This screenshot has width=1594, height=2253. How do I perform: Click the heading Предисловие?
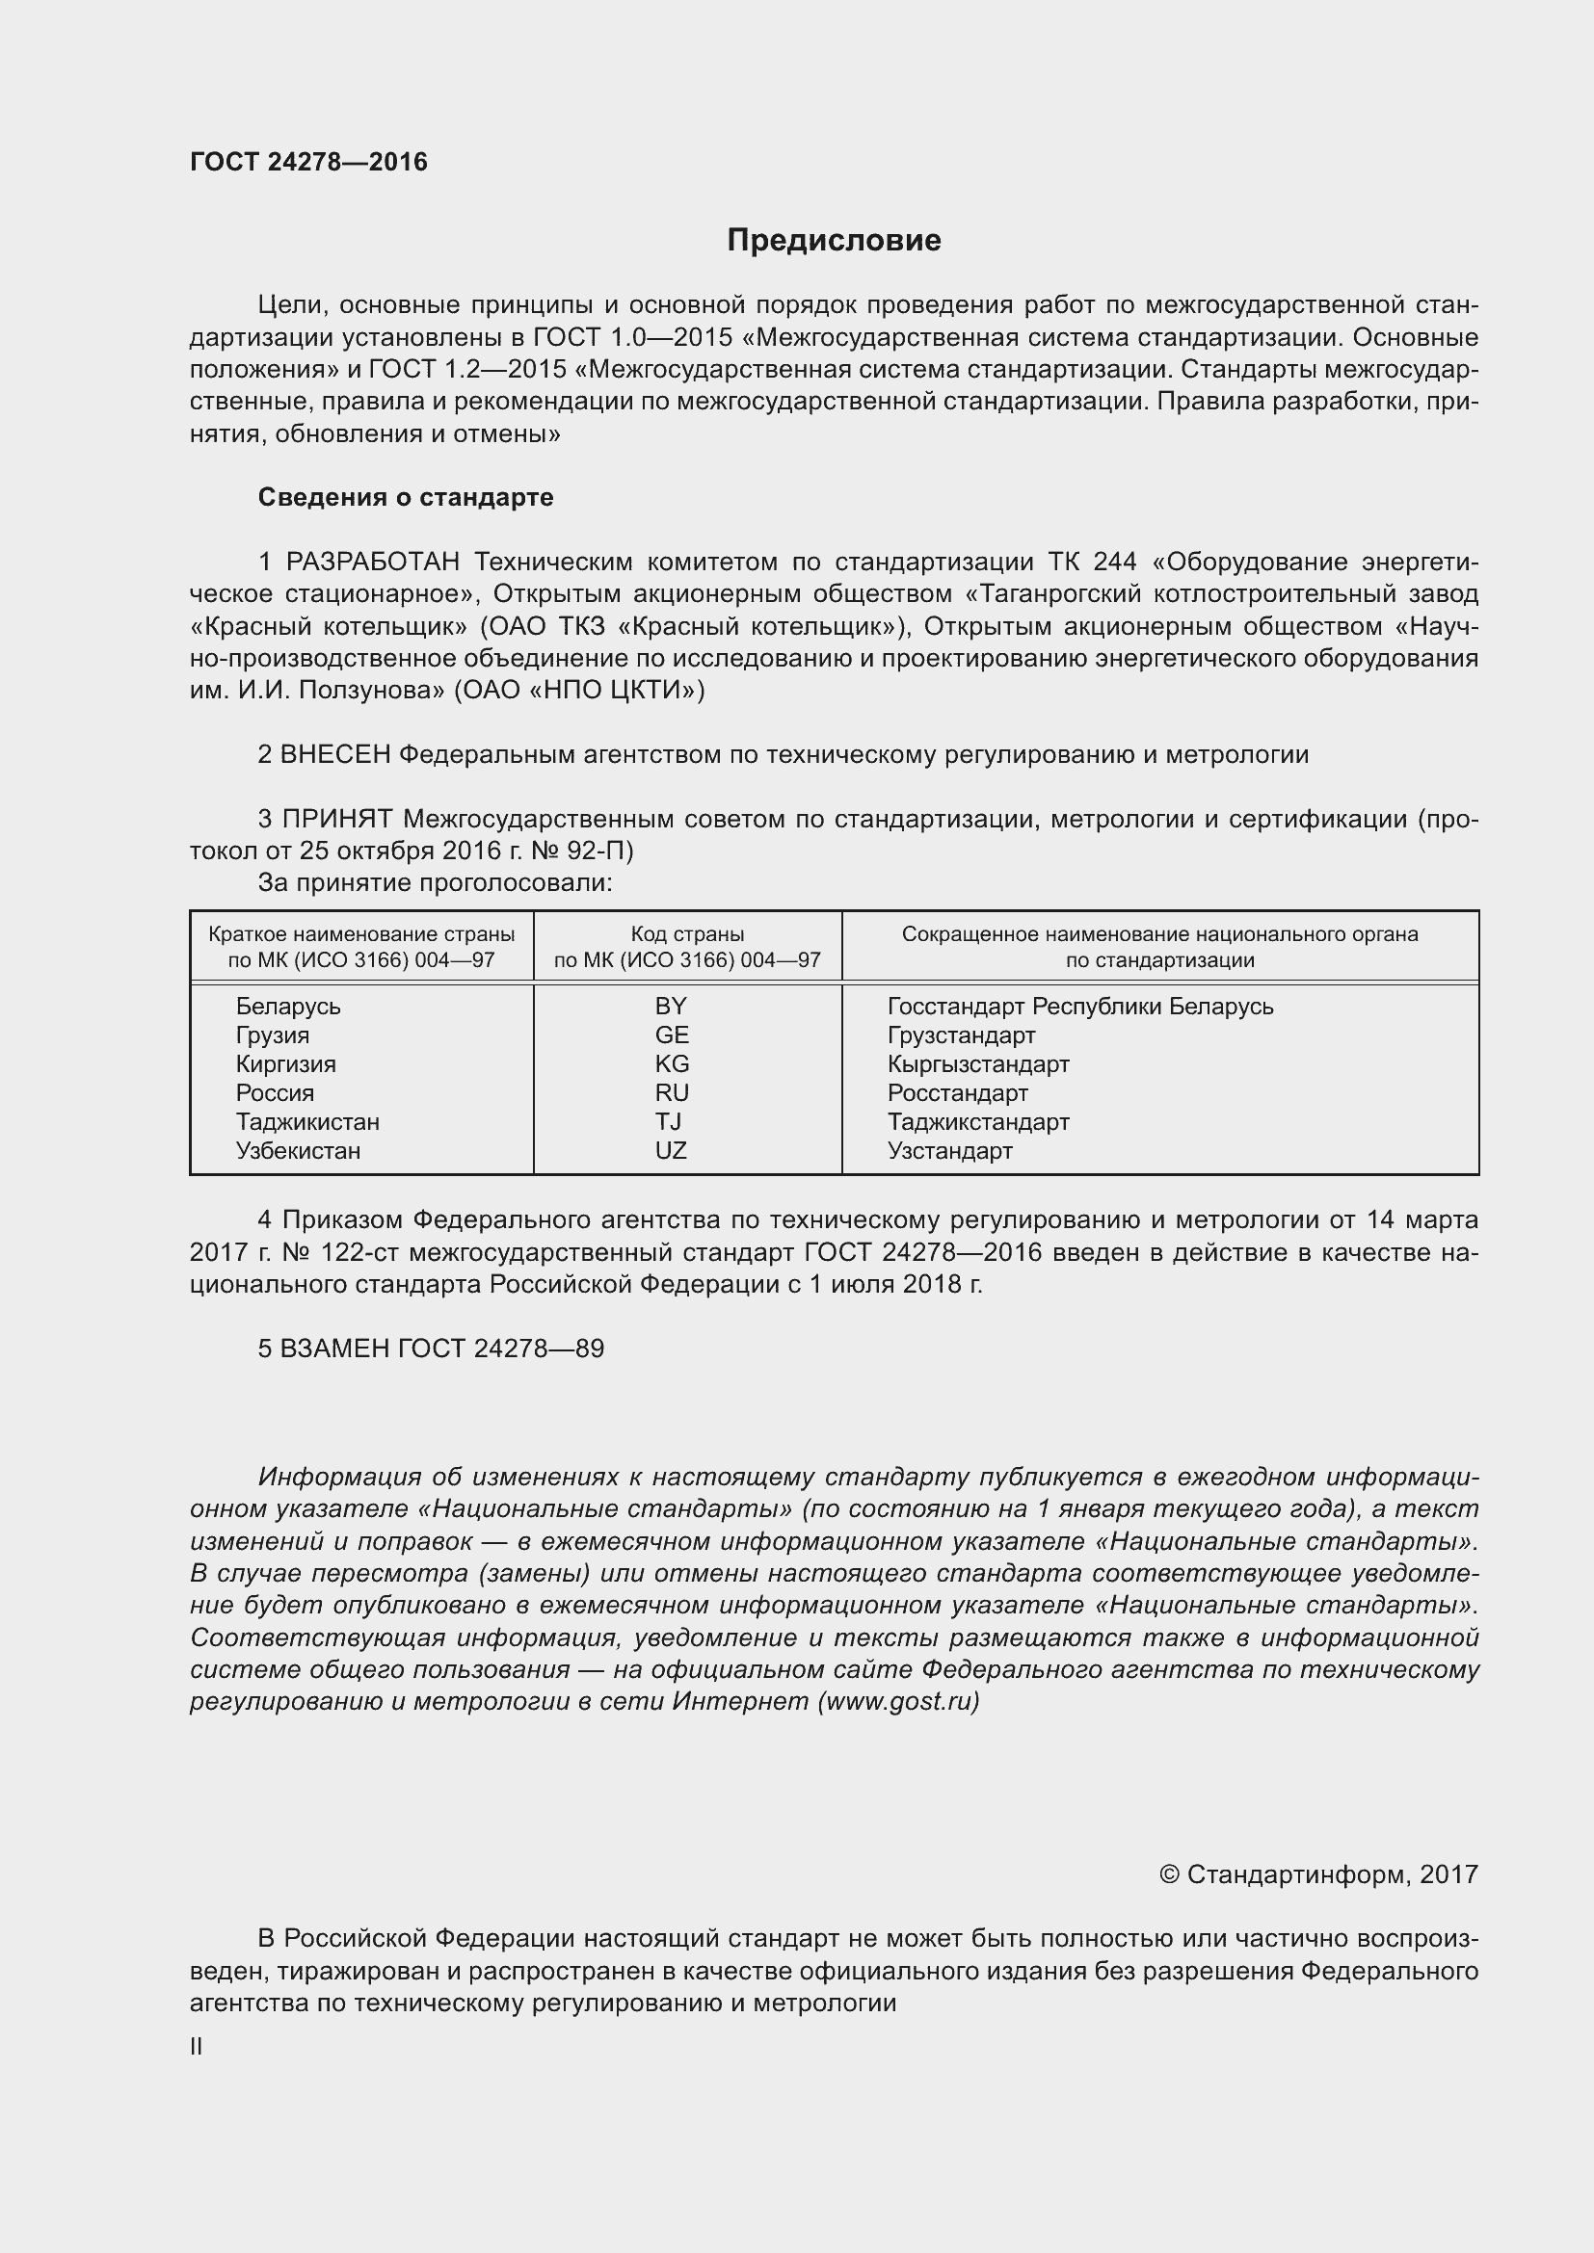coord(834,241)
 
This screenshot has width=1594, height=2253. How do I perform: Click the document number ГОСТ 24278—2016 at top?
coord(308,162)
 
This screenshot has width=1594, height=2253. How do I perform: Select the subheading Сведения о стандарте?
coord(406,497)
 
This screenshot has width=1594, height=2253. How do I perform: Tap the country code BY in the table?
coord(671,1006)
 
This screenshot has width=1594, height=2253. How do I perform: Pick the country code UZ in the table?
coord(671,1150)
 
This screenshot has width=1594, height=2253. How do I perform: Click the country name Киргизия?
coord(285,1063)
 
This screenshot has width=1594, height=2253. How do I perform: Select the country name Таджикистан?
coord(307,1121)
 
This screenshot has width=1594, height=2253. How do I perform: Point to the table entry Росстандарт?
coord(957,1093)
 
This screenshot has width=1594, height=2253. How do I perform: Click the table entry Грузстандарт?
coord(961,1035)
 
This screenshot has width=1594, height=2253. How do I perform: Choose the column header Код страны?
coord(687,934)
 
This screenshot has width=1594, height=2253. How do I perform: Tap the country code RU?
coord(672,1093)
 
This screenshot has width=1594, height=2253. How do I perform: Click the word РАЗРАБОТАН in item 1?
coord(373,563)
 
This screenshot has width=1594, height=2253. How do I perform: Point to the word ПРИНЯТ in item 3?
coord(337,819)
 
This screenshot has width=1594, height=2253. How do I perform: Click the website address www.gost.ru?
coord(898,1700)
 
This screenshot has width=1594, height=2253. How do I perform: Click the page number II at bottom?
coord(197,2047)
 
